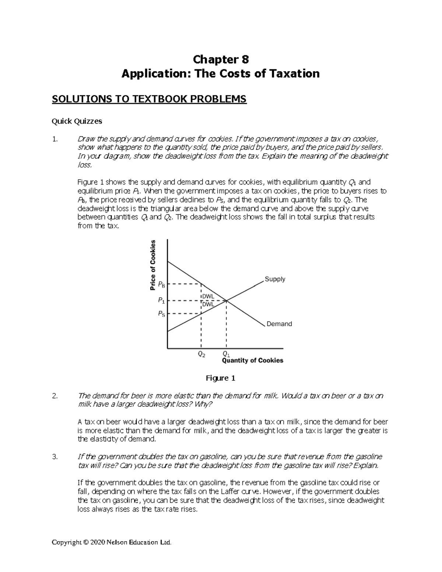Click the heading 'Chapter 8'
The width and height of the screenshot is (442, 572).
point(221,59)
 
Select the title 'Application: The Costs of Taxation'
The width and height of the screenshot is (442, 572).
point(221,74)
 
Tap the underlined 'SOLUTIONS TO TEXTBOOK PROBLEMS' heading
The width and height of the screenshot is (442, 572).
point(149,99)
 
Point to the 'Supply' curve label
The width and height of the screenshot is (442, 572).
point(275,279)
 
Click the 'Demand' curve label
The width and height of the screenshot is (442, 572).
point(279,324)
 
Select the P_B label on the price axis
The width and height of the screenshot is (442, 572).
point(161,285)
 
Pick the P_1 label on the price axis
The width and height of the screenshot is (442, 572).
point(161,301)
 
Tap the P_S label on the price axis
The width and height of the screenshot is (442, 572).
point(161,314)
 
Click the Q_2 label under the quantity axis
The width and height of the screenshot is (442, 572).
point(201,354)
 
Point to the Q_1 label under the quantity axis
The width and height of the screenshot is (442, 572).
point(226,355)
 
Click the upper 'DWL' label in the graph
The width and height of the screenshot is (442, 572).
point(208,297)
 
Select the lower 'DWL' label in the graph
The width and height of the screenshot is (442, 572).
point(208,305)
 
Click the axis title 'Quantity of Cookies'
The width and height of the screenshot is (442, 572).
point(252,361)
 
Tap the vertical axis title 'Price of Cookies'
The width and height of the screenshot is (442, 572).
point(153,265)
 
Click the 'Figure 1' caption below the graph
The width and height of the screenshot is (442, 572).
point(220,378)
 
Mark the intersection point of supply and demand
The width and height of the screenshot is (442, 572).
point(226,301)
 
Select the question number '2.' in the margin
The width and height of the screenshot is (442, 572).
point(55,396)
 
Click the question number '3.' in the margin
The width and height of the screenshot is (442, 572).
point(55,457)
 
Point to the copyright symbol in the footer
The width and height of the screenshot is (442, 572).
point(86,542)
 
